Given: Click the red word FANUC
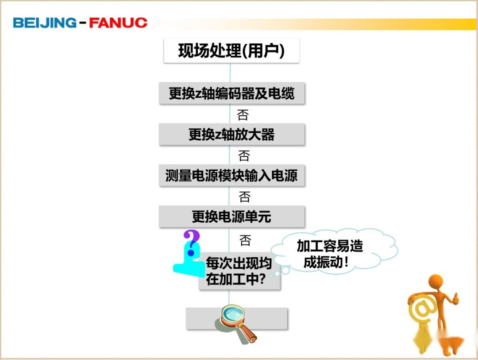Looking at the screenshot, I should tap(118, 23).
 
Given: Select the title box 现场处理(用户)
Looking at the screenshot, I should tap(231, 51).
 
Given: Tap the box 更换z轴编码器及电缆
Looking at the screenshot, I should tap(231, 93).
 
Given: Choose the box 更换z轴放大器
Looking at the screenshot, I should tap(231, 134).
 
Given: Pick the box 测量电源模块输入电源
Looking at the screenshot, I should tap(231, 176).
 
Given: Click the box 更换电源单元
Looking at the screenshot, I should tap(231, 217).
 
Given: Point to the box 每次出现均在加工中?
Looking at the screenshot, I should tap(239, 271).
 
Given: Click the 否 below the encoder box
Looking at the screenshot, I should tap(243, 115).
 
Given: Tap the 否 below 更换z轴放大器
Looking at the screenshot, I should tap(244, 155).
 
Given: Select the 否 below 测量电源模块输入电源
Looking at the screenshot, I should tap(245, 196).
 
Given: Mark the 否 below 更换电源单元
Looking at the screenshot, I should tap(245, 240).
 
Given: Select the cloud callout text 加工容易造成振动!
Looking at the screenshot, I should tap(330, 254).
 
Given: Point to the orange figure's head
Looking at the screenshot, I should tap(436, 282).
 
